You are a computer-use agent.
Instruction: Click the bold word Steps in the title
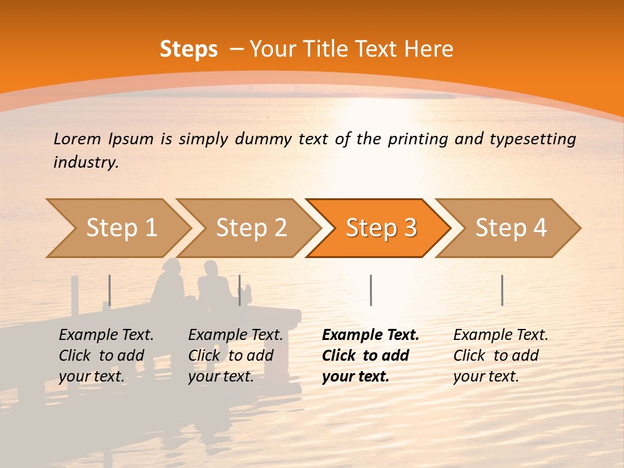coord(188,49)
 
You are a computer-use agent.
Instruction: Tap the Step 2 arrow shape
coord(247,228)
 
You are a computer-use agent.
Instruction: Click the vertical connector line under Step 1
coord(110,290)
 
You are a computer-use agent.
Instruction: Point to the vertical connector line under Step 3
coord(370,290)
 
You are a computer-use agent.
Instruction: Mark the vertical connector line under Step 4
coord(502,290)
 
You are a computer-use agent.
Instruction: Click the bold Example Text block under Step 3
coord(370,356)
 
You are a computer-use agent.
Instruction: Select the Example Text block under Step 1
coord(106,356)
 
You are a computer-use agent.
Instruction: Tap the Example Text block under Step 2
coord(235,356)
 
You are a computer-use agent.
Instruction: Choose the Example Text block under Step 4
coord(500,356)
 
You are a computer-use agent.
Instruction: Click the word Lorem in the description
coord(77,138)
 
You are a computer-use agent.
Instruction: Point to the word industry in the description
coord(86,162)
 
